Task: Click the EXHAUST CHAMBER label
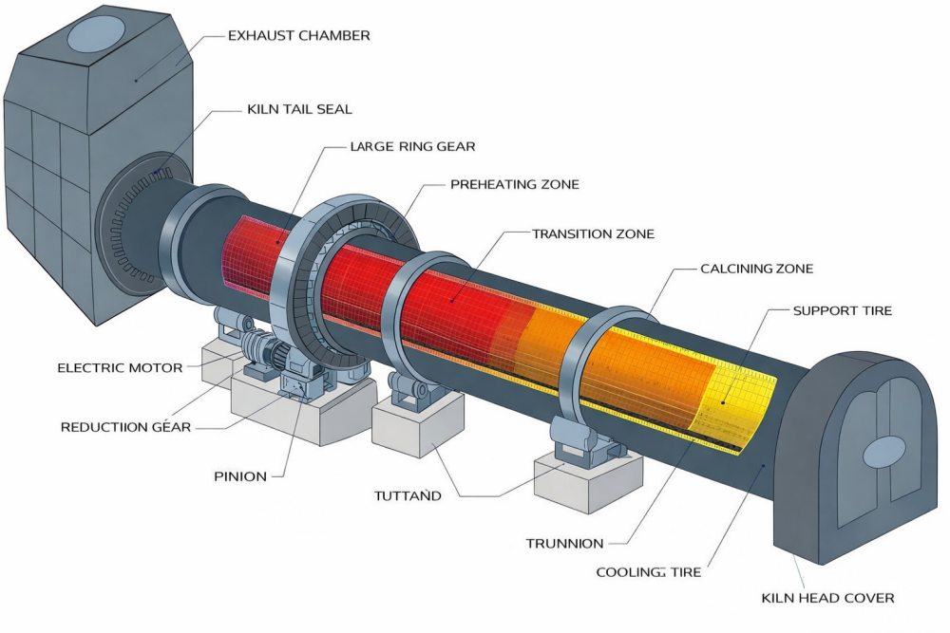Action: (x=299, y=36)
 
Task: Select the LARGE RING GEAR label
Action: (x=412, y=147)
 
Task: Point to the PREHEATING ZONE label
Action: (x=514, y=184)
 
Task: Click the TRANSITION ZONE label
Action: (x=593, y=233)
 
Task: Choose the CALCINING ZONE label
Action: (x=756, y=269)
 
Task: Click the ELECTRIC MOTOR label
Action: (x=120, y=367)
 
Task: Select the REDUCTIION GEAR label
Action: (x=125, y=427)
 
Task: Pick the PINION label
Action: (x=240, y=476)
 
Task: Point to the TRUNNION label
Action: (x=564, y=544)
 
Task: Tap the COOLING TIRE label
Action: (x=649, y=572)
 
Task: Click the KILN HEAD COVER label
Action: (x=827, y=598)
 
